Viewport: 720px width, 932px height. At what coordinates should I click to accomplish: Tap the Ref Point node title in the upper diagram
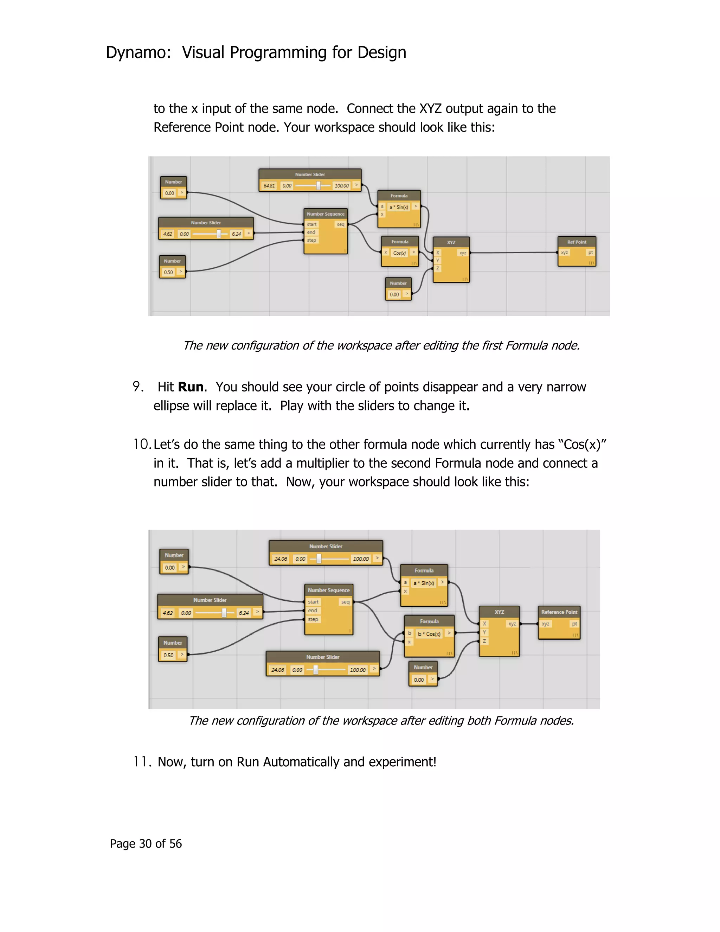tap(576, 242)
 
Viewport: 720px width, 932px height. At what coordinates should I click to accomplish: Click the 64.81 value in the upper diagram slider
tap(269, 186)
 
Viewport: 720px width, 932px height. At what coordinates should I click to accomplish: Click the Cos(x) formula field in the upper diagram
tap(399, 253)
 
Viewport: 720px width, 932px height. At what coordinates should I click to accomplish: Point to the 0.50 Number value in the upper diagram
tap(168, 272)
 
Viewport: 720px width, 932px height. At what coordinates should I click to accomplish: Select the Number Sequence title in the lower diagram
tap(328, 590)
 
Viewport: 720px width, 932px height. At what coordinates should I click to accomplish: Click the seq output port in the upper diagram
tap(340, 224)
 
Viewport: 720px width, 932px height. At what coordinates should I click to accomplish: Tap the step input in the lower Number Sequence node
tap(313, 619)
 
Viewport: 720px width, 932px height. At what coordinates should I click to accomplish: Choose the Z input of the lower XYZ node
tap(484, 641)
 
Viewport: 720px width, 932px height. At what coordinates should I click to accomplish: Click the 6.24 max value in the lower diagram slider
tap(244, 613)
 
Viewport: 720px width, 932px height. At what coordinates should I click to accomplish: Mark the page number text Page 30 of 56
tap(146, 844)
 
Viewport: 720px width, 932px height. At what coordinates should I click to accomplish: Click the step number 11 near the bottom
tap(140, 762)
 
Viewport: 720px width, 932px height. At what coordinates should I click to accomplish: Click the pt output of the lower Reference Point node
tap(574, 624)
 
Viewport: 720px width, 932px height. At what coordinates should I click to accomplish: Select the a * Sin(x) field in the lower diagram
tap(424, 583)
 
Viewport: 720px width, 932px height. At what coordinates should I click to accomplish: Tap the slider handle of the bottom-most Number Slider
tap(316, 670)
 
